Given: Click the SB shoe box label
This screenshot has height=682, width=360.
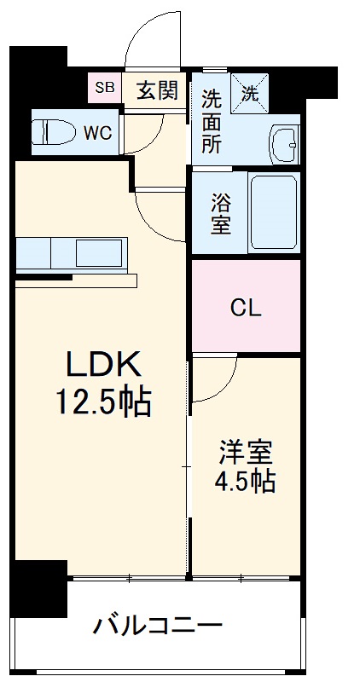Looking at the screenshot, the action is coord(105,88).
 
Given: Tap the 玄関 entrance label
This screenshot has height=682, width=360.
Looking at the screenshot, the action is coord(157,90).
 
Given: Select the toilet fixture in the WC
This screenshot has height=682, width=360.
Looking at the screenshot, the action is coord(55,131).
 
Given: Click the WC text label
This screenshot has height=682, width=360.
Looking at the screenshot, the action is coord(97,134).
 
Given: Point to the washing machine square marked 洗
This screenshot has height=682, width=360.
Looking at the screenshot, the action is coord(249,94).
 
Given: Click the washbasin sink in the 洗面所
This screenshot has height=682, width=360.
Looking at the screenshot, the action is coord(284,144).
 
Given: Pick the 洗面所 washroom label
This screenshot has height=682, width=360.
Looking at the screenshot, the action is coord(211,121).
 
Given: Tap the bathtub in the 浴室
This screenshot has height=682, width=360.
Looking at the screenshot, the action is coord(274,211).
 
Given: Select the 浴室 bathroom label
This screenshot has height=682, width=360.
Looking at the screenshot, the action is coord(221,213).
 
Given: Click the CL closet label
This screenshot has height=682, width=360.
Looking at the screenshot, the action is coord(246,309).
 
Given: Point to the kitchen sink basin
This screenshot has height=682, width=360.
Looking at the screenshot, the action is coord(99,252).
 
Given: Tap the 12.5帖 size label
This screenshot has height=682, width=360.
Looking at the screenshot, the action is coord(103,402).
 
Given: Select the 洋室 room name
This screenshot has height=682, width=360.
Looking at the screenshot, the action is coord(246,453).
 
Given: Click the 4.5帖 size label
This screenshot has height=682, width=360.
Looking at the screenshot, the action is coord(245,482).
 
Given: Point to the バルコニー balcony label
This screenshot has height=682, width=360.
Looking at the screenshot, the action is coord(158,627).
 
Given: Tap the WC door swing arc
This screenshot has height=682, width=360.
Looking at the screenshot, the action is coord(154,142).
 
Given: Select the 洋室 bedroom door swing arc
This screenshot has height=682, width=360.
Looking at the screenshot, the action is coord(224,390).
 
